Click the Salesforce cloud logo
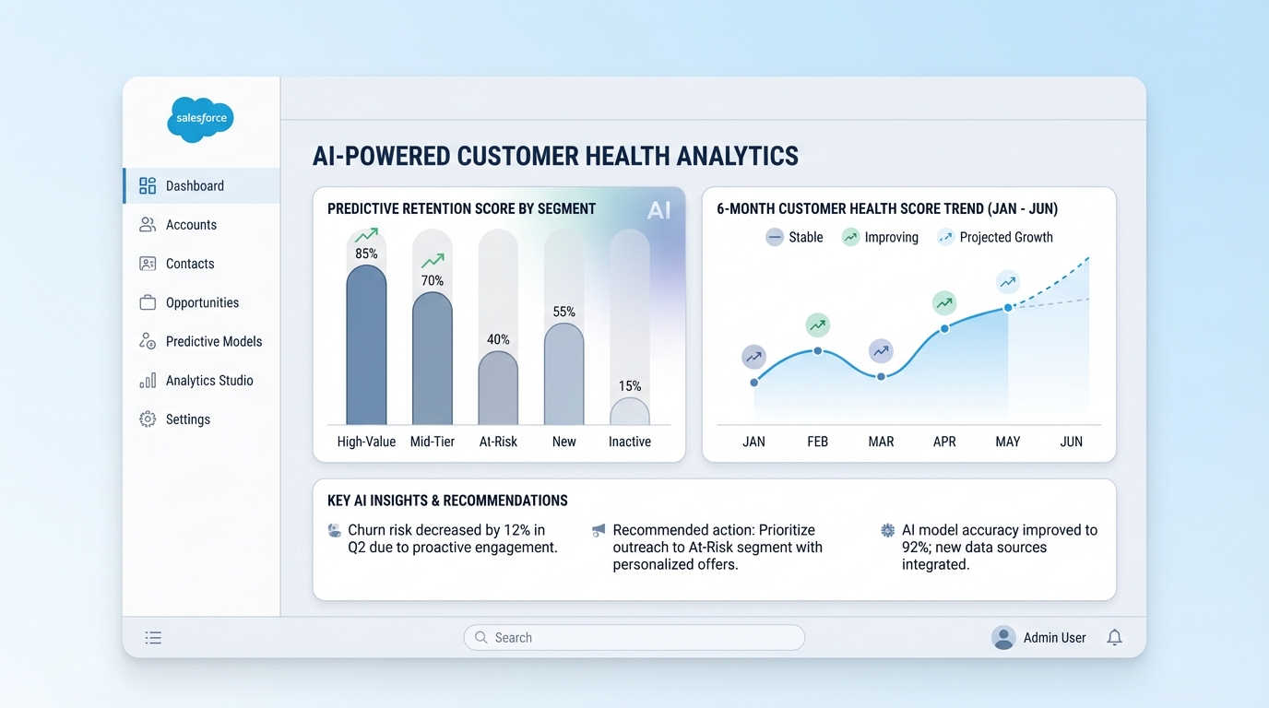[x=200, y=119]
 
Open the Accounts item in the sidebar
[x=191, y=225]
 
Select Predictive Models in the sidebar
[x=213, y=341]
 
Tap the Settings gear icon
[x=148, y=419]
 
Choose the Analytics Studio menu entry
[x=208, y=381]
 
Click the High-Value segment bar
[x=366, y=346]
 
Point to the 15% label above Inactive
[x=630, y=386]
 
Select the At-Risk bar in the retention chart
[x=498, y=387]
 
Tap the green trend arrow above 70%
[x=433, y=262]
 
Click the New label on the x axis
[x=563, y=442]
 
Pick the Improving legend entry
[x=881, y=237]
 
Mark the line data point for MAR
[x=881, y=376]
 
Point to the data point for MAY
[x=1008, y=307]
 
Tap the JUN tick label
[x=1071, y=442]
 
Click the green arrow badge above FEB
[x=817, y=324]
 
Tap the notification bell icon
[x=1114, y=637]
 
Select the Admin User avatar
[x=1003, y=637]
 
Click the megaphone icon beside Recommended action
[x=599, y=530]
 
